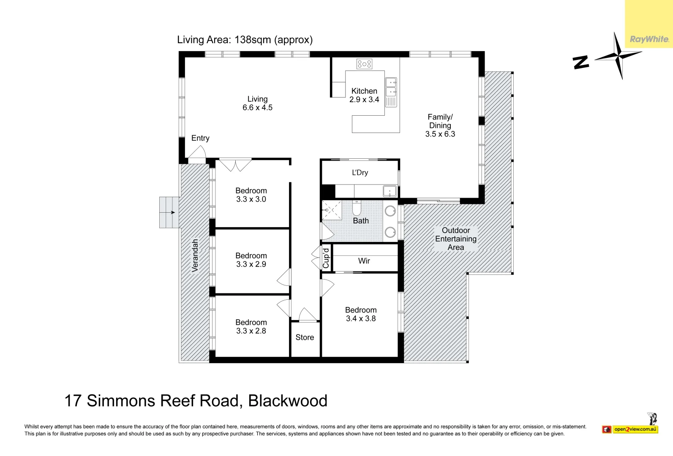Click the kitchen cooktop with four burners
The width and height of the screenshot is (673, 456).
pyautogui.click(x=364, y=64)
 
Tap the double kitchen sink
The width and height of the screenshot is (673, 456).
pyautogui.click(x=391, y=87)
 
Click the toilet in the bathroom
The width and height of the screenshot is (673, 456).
pyautogui.click(x=357, y=208)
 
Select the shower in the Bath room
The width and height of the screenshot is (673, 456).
pyautogui.click(x=332, y=210)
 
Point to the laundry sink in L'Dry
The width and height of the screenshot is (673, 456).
pyautogui.click(x=390, y=191)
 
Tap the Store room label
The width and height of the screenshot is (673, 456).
pyautogui.click(x=305, y=337)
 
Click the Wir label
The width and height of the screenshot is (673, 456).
pyautogui.click(x=364, y=261)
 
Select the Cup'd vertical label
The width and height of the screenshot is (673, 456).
pyautogui.click(x=326, y=258)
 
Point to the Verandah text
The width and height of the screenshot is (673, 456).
pyautogui.click(x=195, y=255)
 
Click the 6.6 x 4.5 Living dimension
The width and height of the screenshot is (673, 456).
pyautogui.click(x=257, y=108)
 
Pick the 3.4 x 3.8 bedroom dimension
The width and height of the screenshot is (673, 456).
pyautogui.click(x=361, y=319)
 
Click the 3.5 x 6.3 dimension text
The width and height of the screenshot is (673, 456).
pyautogui.click(x=440, y=134)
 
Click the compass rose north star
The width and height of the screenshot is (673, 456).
pyautogui.click(x=618, y=55)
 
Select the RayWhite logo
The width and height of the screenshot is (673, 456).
pyautogui.click(x=649, y=39)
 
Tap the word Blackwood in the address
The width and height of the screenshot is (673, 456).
pyautogui.click(x=288, y=401)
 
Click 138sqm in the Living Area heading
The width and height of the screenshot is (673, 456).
pyautogui.click(x=253, y=40)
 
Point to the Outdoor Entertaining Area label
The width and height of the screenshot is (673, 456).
pyautogui.click(x=456, y=239)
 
